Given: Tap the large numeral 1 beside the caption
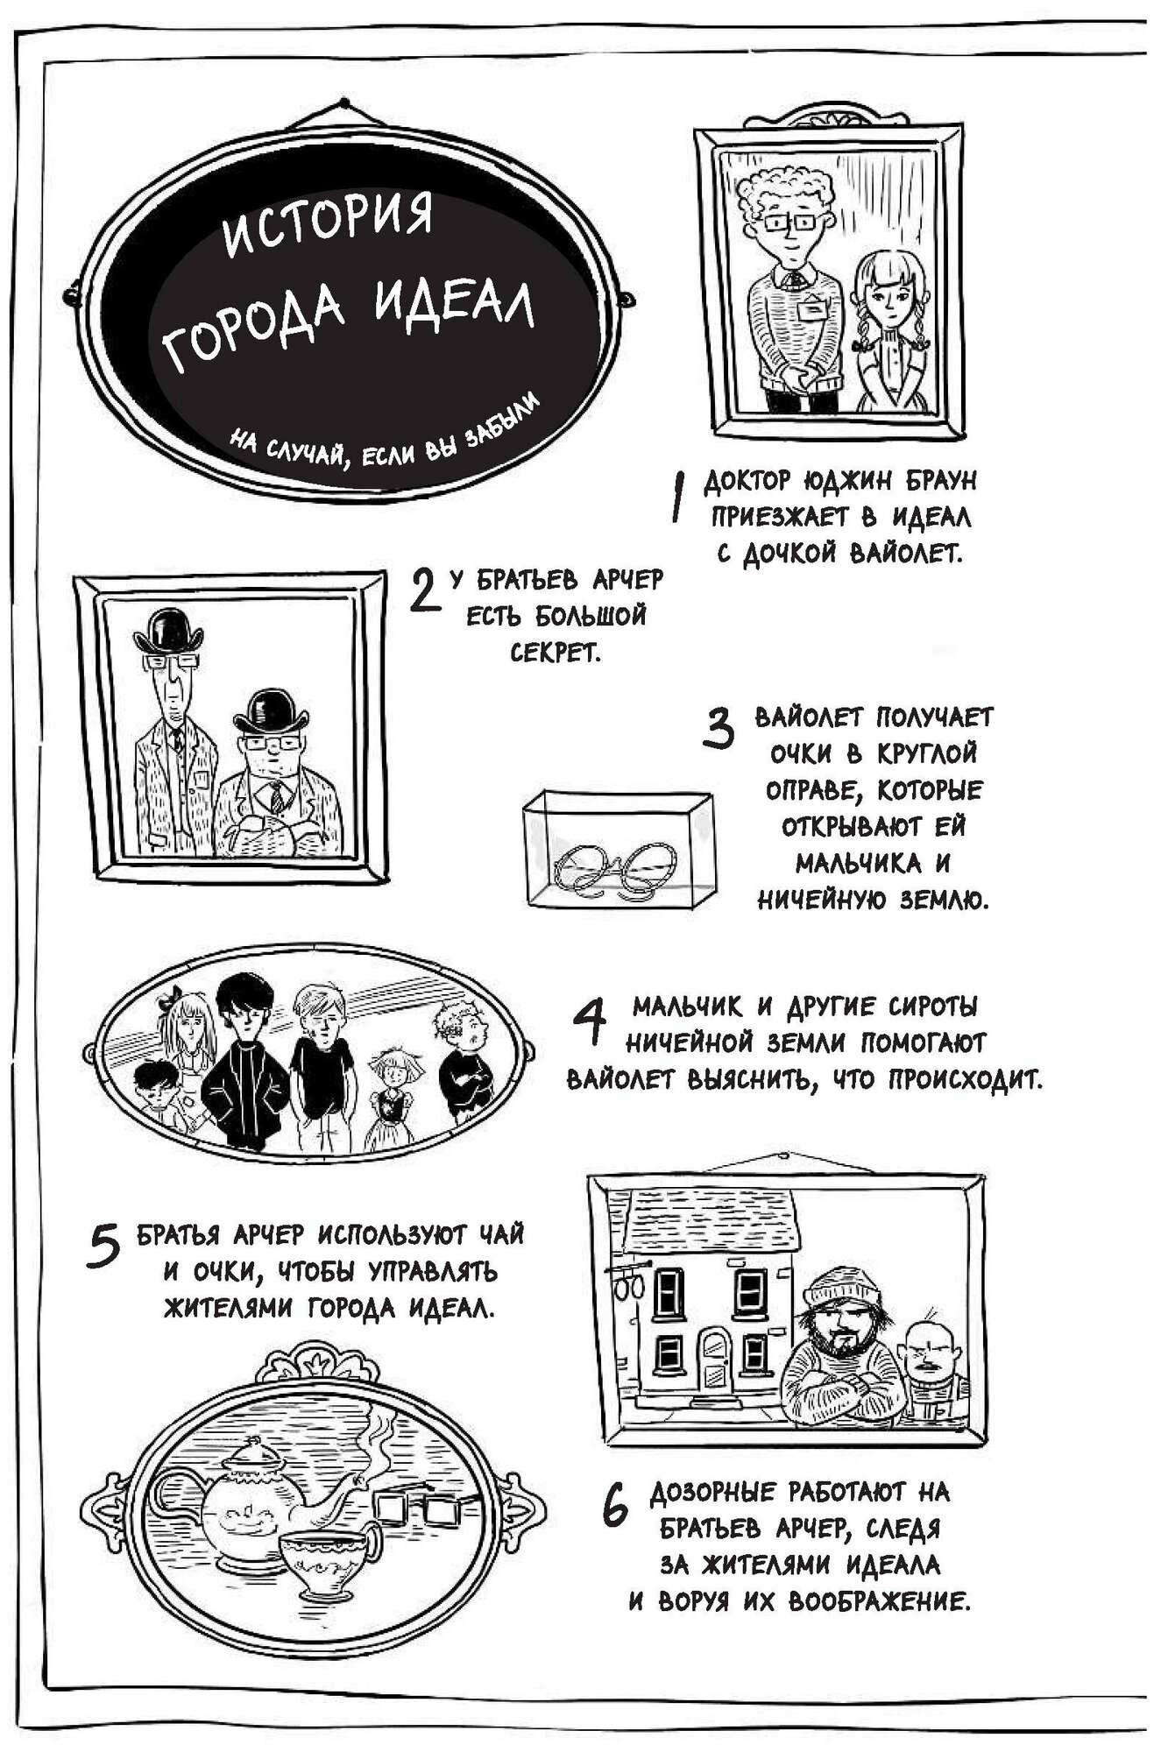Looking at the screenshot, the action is pyautogui.click(x=676, y=499).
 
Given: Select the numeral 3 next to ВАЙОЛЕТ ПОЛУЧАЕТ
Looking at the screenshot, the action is pyautogui.click(x=719, y=729).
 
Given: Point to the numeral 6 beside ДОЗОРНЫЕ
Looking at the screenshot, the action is pyautogui.click(x=616, y=1505).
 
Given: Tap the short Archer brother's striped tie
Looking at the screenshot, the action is pyautogui.click(x=276, y=797).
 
